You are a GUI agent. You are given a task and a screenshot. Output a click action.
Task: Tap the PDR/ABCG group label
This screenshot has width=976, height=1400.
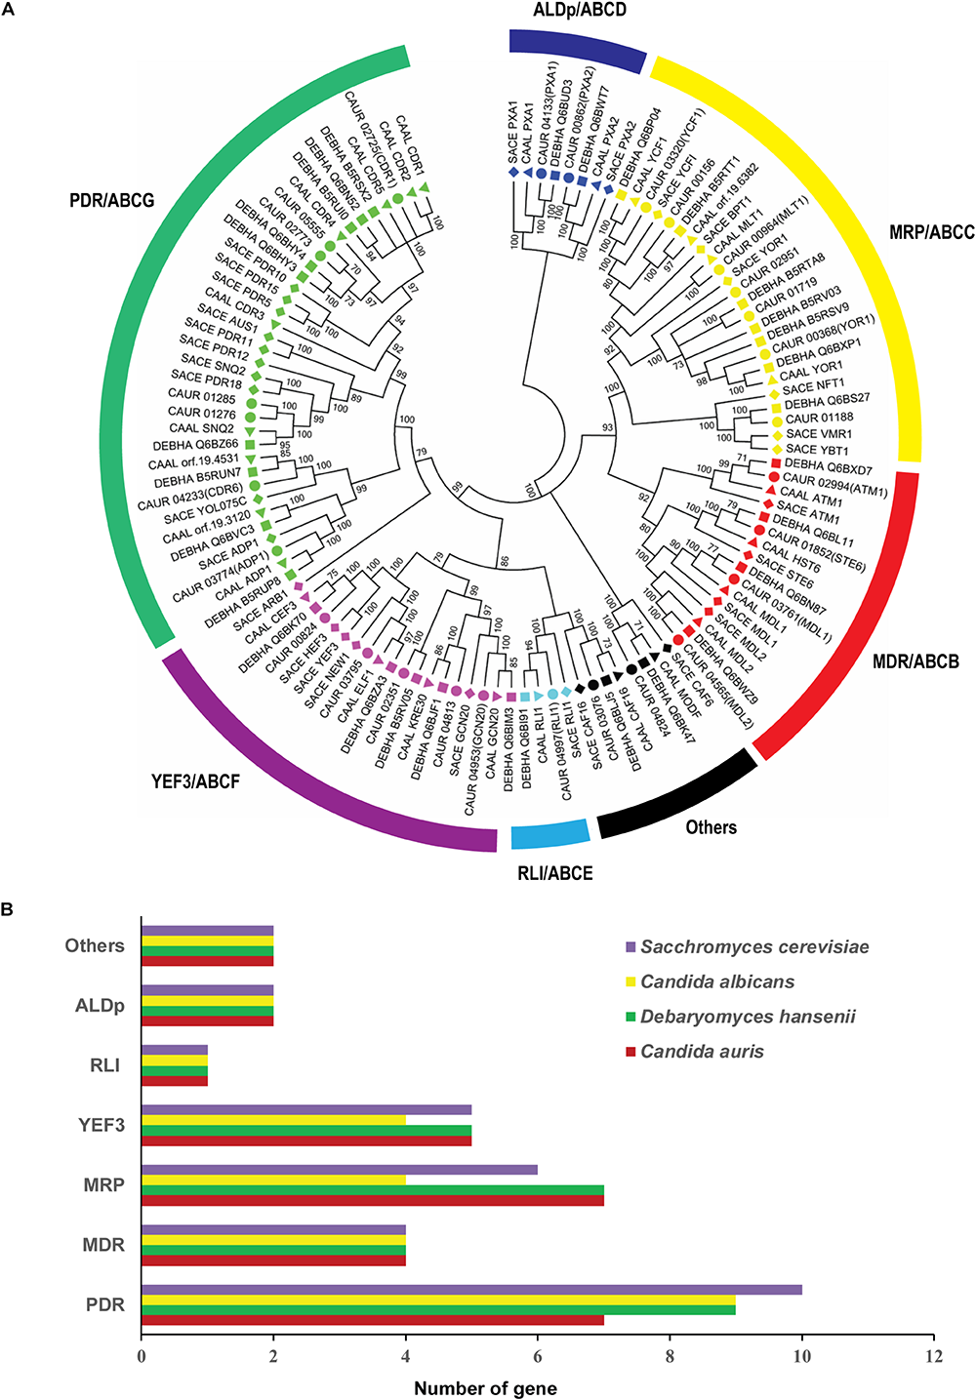[112, 202]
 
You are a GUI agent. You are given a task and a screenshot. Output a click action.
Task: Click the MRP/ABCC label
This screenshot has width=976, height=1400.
[931, 232]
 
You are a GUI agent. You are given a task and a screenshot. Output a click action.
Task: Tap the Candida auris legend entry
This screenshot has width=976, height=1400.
[702, 1052]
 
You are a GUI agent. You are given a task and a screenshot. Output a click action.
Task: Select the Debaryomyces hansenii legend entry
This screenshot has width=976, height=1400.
[748, 1017]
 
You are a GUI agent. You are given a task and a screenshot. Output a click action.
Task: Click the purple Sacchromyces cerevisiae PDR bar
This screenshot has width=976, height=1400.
[471, 1290]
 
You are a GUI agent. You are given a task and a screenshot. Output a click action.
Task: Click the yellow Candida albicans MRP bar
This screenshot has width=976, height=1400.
[273, 1180]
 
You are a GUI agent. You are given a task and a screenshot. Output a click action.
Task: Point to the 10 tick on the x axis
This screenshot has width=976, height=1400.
[802, 1356]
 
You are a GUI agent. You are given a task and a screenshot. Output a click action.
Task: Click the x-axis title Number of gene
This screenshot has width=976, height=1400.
[485, 1388]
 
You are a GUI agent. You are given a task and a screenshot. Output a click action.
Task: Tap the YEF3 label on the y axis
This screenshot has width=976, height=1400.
[102, 1125]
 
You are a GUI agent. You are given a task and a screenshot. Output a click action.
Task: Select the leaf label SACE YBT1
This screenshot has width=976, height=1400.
[817, 451]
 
